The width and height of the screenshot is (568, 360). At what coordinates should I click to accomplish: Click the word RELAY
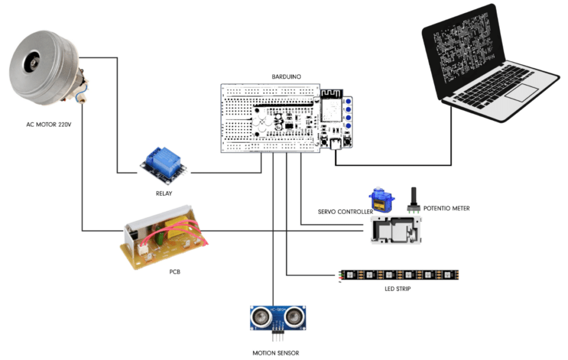tap(164, 194)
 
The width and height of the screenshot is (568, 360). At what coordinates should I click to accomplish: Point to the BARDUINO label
tap(286, 77)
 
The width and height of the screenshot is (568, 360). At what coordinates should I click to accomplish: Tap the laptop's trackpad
tap(521, 93)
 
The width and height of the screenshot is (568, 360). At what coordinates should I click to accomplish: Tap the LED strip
tap(399, 275)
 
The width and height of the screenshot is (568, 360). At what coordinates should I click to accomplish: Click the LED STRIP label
tap(397, 289)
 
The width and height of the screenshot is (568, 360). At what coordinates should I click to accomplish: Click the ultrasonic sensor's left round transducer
tap(260, 317)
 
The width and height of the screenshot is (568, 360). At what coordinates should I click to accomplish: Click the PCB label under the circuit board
tap(175, 272)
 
